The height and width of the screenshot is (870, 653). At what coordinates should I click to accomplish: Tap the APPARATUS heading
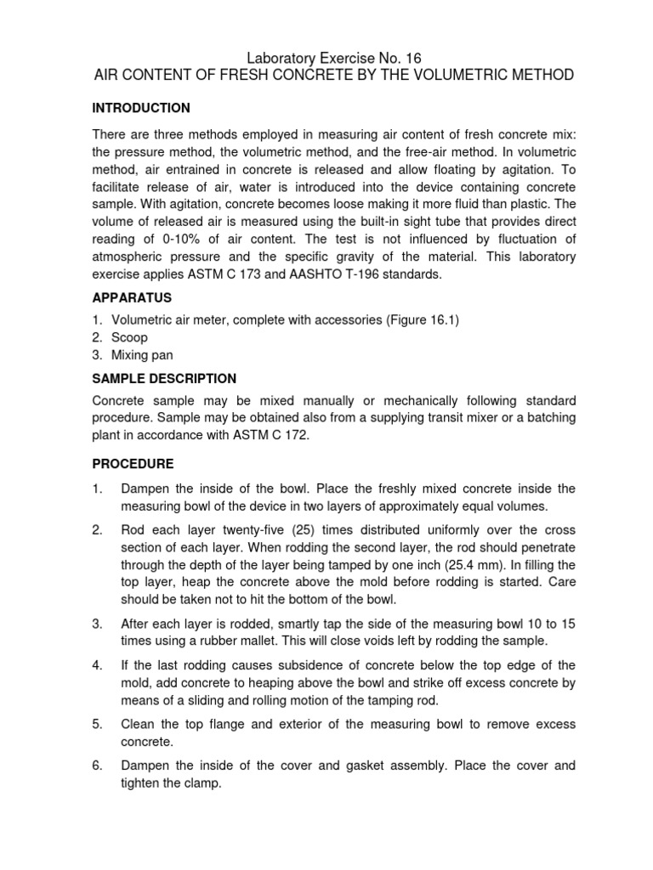(x=132, y=298)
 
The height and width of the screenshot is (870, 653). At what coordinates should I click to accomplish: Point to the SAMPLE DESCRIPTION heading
(x=164, y=378)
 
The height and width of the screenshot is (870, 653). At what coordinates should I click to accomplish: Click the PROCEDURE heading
(x=133, y=464)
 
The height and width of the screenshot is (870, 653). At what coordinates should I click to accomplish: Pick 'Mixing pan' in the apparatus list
(x=142, y=355)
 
